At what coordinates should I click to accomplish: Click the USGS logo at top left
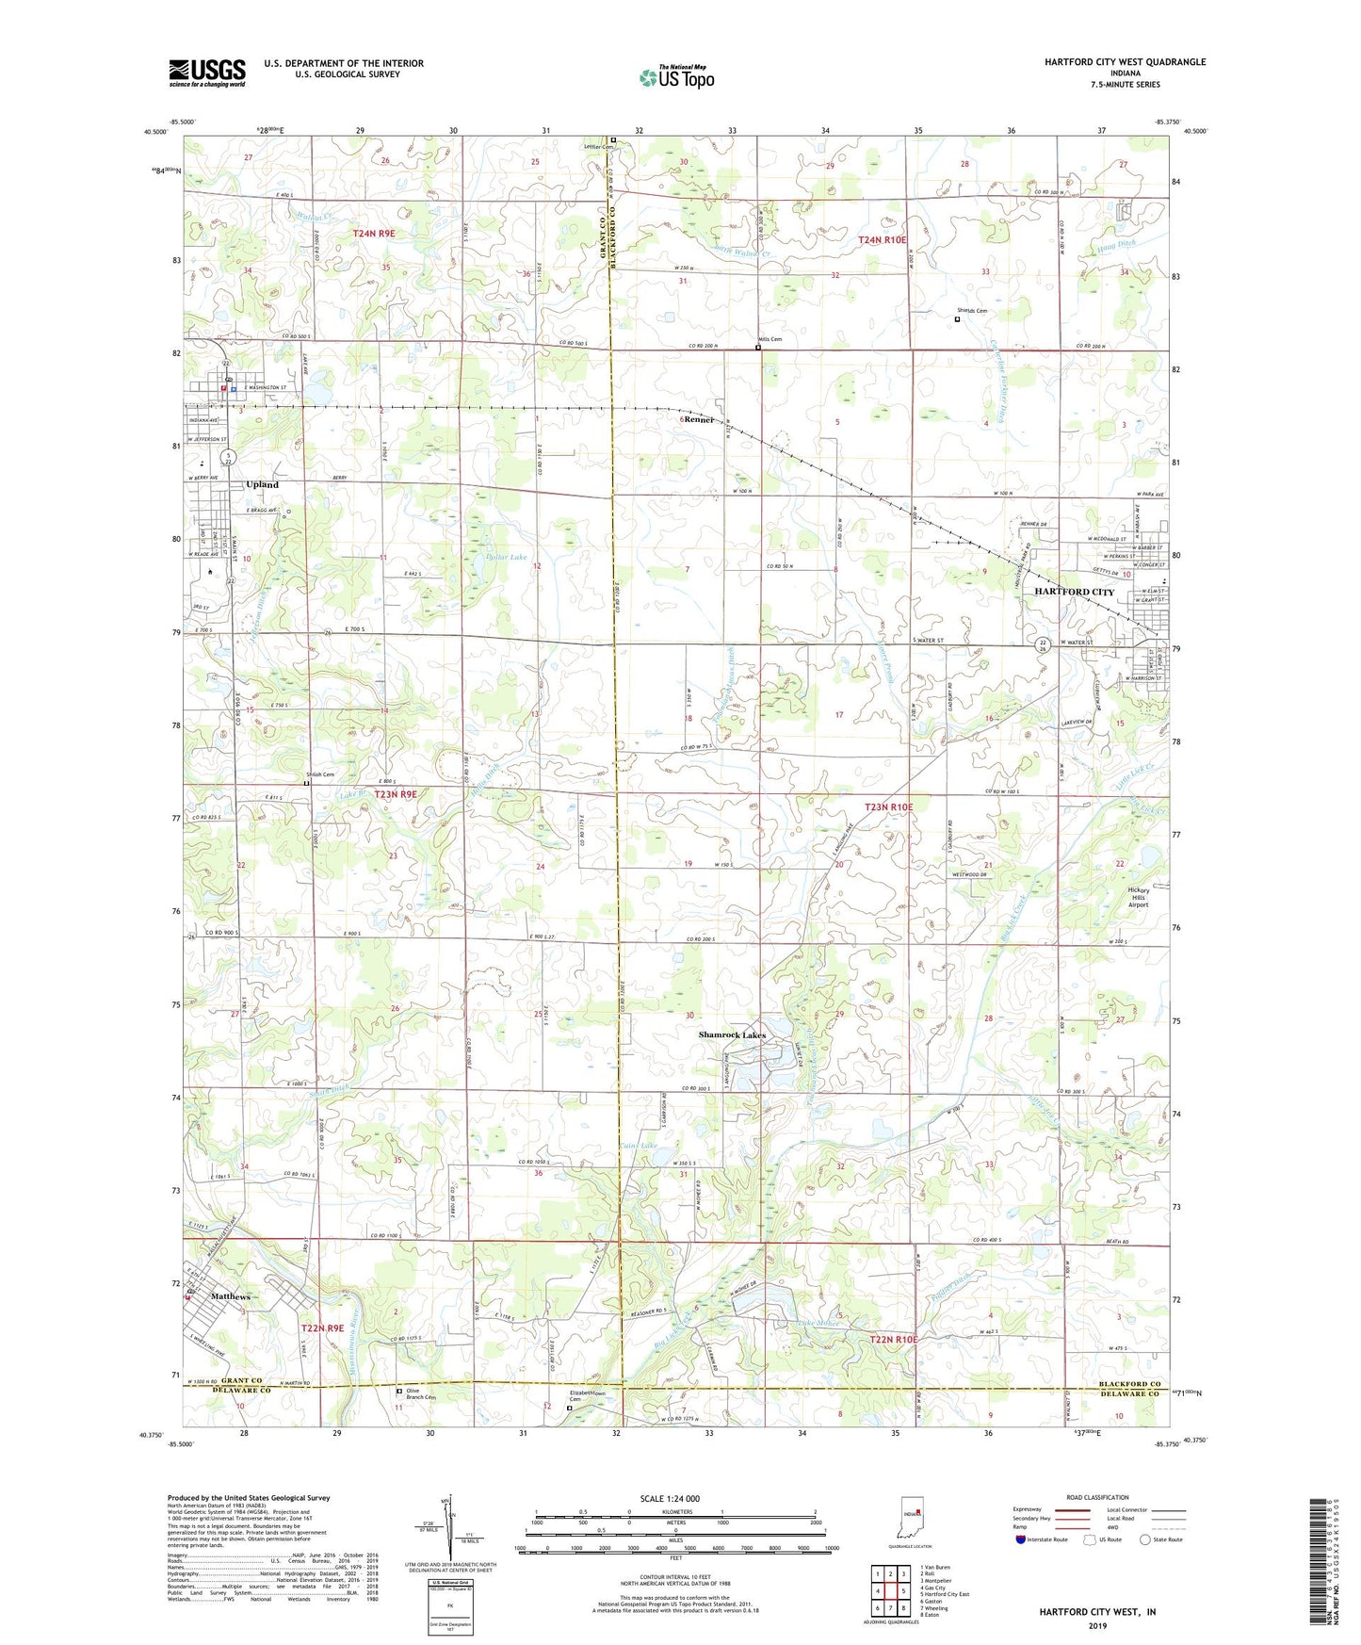click(x=207, y=73)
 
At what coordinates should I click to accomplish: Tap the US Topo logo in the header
click(x=676, y=77)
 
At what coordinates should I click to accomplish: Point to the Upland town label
click(x=262, y=484)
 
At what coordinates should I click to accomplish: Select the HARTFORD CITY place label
click(x=1074, y=592)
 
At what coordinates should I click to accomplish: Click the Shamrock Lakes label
click(x=732, y=1035)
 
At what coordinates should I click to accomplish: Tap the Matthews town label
click(x=230, y=1296)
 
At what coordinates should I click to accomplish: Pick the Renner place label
click(x=699, y=419)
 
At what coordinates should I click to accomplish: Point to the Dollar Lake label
click(x=506, y=558)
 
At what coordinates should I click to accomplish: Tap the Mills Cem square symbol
click(x=758, y=348)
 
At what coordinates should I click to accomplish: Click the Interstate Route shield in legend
click(x=1022, y=1539)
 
